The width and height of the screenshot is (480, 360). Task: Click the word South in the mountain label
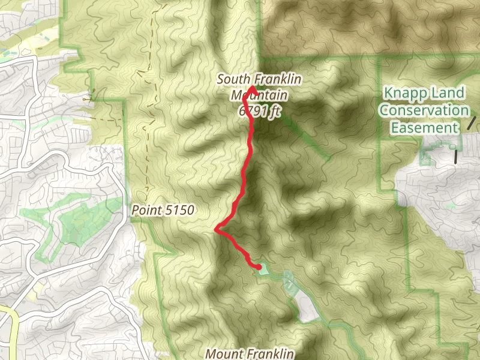[231, 79]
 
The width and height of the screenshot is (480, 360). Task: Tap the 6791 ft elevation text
[259, 112]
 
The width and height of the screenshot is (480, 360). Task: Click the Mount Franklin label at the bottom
[250, 353]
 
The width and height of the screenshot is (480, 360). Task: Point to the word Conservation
[424, 110]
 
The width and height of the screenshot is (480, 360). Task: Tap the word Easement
[424, 128]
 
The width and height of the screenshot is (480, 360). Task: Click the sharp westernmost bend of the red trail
[216, 229]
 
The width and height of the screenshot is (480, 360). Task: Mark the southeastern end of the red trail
[259, 266]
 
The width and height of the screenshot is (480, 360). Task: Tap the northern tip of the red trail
[251, 89]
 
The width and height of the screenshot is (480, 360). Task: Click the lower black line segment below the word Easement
[457, 157]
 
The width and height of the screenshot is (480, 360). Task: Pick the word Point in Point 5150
[146, 211]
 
